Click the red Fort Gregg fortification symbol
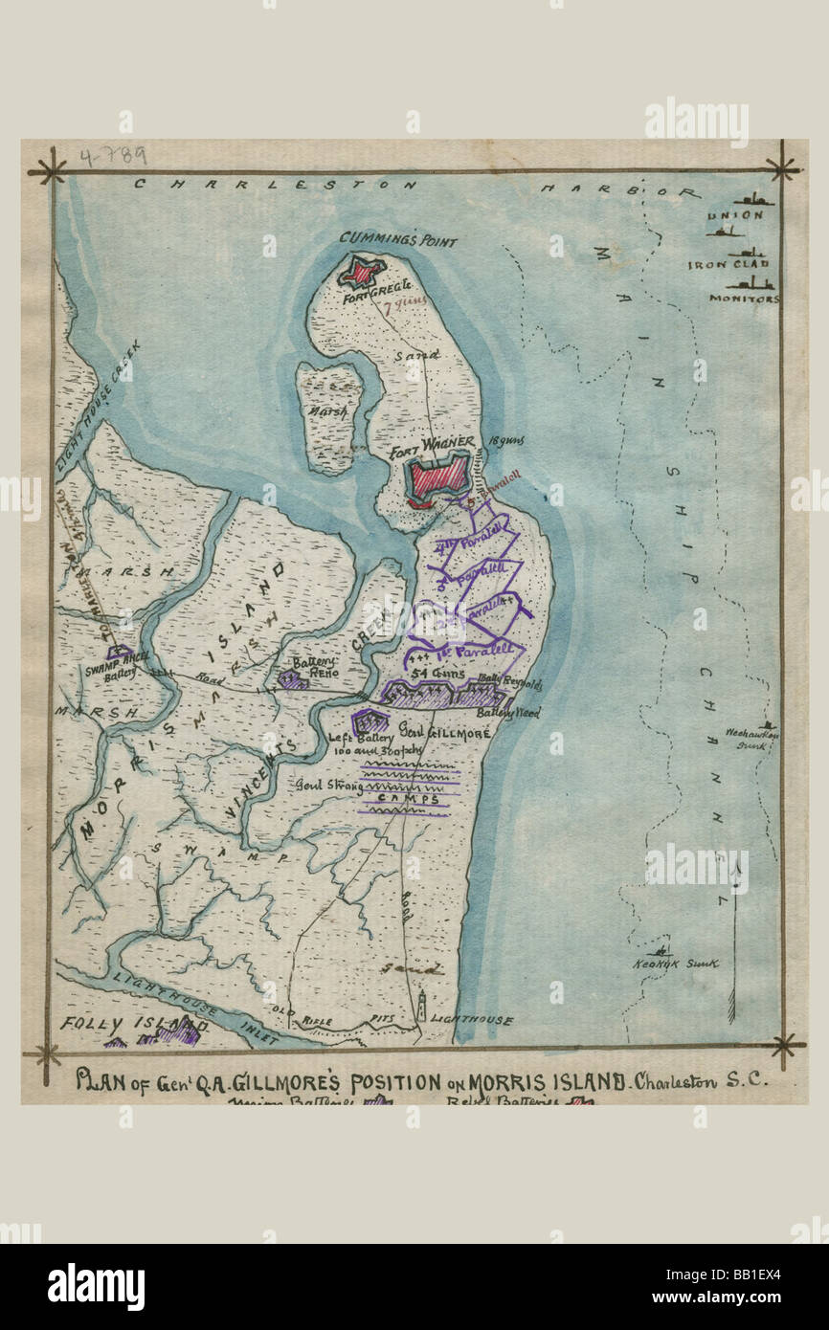[361, 272]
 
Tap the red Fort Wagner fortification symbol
[439, 476]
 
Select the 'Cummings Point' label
[397, 240]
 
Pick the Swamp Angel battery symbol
[119, 654]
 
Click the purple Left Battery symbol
[367, 720]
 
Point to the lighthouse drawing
[420, 1009]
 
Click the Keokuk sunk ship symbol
[660, 951]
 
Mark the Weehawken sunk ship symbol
[766, 726]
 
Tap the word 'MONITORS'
[744, 299]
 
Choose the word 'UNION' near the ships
[735, 215]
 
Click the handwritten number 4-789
[113, 157]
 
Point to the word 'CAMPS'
[406, 799]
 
